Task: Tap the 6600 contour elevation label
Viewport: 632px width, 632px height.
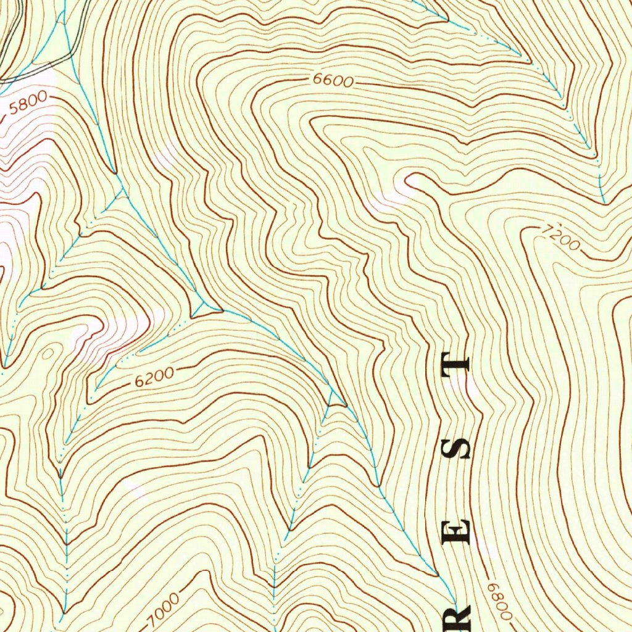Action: point(333,80)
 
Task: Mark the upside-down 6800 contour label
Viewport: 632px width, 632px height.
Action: point(499,601)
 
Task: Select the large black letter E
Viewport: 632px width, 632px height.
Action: point(457,531)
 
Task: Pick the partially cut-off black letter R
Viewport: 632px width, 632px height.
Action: point(460,617)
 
